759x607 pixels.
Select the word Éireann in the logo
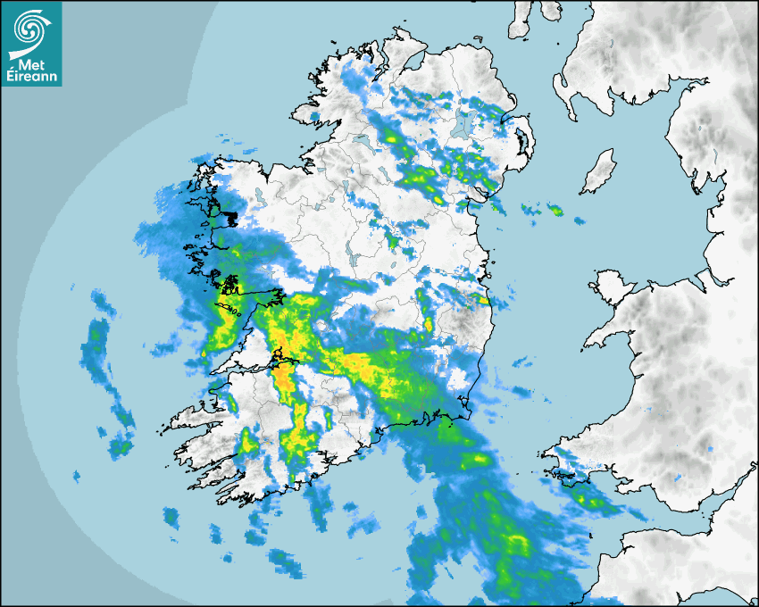31,77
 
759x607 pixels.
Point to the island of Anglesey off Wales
611,285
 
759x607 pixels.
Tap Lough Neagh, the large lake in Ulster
462,124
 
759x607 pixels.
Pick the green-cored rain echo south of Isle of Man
555,210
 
